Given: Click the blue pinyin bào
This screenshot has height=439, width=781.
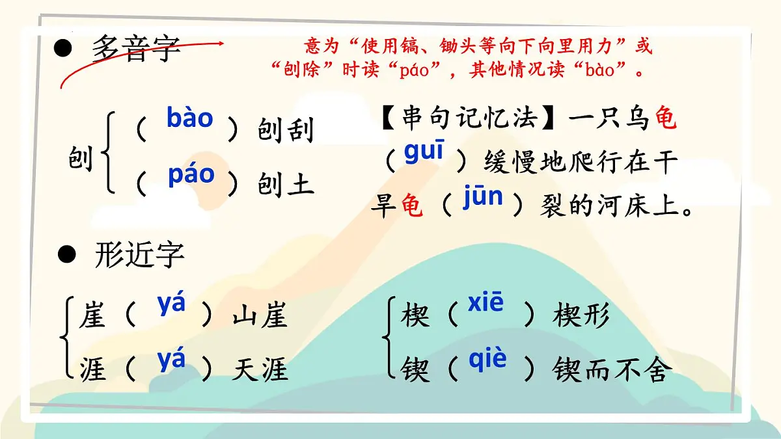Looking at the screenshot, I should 189,118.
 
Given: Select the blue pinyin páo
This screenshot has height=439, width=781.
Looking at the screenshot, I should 191,174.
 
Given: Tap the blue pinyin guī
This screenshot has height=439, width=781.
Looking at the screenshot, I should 424,152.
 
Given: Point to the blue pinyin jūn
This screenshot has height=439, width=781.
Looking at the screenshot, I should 482,196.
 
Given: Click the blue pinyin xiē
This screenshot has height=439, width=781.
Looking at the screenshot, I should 486,302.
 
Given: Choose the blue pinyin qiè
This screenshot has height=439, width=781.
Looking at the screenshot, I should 487,358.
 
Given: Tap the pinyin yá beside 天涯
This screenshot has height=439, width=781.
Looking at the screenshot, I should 171,359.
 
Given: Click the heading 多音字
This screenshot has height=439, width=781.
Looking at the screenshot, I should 136,49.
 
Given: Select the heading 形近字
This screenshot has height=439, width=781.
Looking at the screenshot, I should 139,255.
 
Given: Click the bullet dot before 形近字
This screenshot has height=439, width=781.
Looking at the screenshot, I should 66,254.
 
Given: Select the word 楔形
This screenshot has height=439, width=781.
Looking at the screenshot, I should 581,316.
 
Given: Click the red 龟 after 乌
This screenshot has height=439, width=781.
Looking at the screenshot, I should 665,120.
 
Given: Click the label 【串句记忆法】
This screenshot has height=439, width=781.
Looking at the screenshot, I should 468,119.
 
